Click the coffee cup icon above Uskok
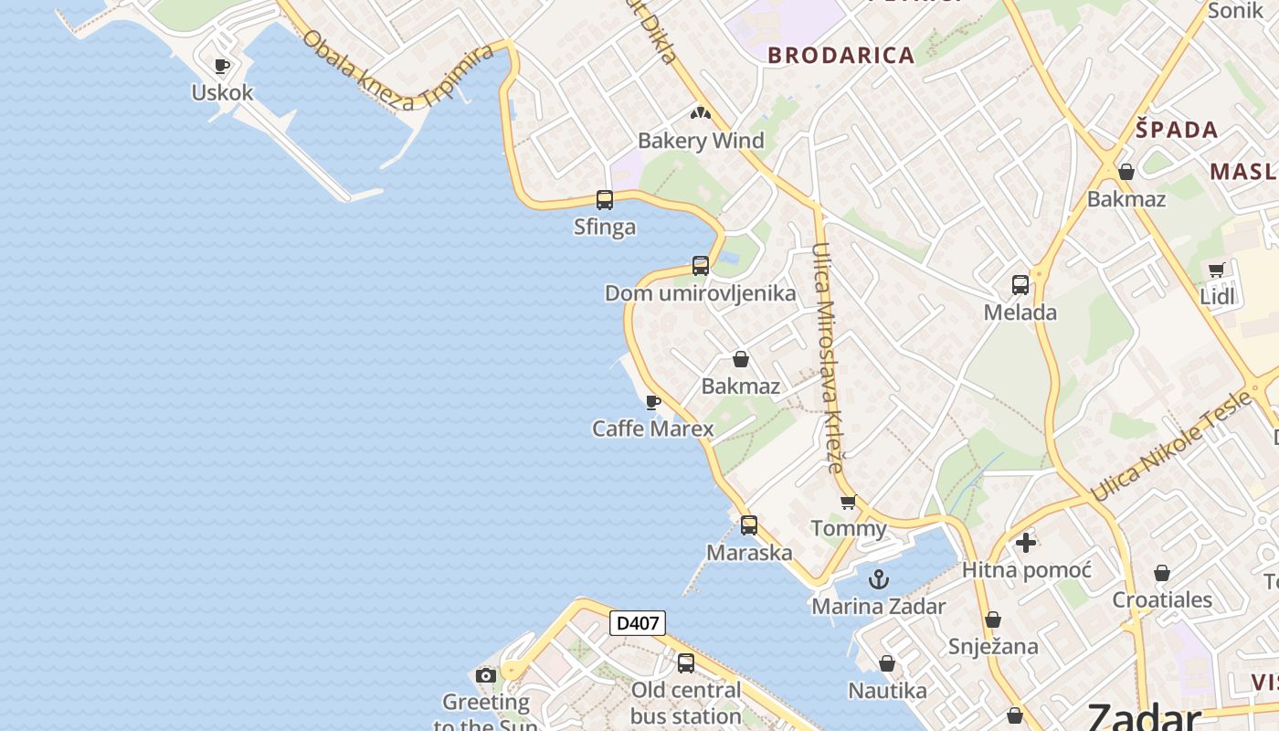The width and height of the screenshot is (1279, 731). (221, 66)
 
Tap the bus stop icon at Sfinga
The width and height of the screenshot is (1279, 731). (604, 199)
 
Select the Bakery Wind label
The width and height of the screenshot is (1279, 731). (701, 141)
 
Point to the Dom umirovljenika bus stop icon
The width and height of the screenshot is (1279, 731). (701, 266)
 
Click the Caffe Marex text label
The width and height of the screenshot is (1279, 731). (652, 429)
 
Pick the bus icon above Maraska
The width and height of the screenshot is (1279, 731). (749, 525)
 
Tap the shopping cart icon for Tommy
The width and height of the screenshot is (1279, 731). (849, 502)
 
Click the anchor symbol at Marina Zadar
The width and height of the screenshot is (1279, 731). (878, 578)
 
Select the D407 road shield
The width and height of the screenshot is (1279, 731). (637, 624)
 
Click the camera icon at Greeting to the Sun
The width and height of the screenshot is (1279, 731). (486, 676)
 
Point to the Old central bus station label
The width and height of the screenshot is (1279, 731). (685, 703)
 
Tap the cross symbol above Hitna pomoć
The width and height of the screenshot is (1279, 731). (1026, 543)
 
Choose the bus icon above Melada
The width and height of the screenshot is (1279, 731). (1020, 285)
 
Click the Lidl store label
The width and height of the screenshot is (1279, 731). (1217, 296)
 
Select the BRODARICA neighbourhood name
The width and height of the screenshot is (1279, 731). (841, 55)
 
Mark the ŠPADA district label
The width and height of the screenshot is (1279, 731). (1177, 130)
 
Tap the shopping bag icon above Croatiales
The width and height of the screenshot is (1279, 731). (1162, 574)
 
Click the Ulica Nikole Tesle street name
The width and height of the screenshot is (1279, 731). (1170, 445)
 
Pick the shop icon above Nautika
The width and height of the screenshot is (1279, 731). (886, 663)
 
